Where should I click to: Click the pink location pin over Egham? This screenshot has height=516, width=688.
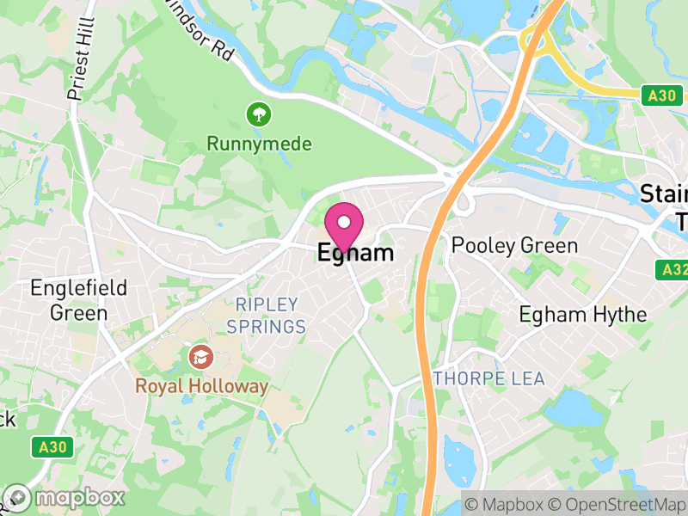[345, 225]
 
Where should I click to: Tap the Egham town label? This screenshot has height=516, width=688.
[356, 253]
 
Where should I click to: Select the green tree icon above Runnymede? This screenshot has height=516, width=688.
[257, 114]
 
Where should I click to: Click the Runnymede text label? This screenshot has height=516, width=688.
[259, 144]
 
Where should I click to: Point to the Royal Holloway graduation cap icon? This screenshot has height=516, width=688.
[200, 355]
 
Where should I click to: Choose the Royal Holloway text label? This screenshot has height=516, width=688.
[201, 386]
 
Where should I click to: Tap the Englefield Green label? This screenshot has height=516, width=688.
[78, 299]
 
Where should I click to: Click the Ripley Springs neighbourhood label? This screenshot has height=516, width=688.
[267, 316]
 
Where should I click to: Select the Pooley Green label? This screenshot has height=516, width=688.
[515, 247]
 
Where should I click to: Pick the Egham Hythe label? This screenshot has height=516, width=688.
[582, 315]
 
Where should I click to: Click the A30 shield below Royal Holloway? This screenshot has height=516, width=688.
[52, 447]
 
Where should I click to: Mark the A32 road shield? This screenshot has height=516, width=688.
[675, 269]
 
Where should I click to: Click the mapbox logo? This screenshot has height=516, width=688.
[65, 497]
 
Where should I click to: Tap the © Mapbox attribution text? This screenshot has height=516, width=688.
[508, 503]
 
